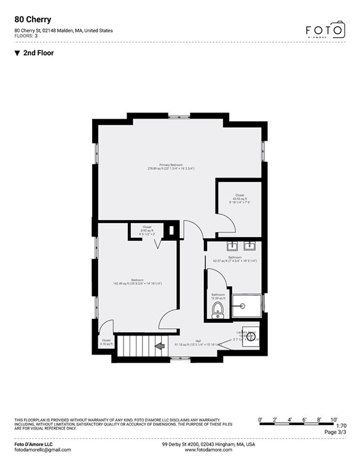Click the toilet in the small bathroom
pyautogui.click(x=217, y=310)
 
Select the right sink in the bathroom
pyautogui.click(x=250, y=247)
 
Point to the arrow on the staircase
pyautogui.click(x=159, y=346)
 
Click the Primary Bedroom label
pyautogui.click(x=171, y=167)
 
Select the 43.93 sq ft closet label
pyautogui.click(x=240, y=197)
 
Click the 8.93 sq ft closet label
pyautogui.click(x=147, y=231)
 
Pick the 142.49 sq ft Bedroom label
pyautogui.click(x=128, y=282)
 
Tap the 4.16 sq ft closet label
pyautogui.click(x=107, y=342)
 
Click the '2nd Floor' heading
pyautogui.click(x=38, y=53)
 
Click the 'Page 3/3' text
pyautogui.click(x=335, y=432)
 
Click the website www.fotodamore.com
pyautogui.click(x=208, y=450)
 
